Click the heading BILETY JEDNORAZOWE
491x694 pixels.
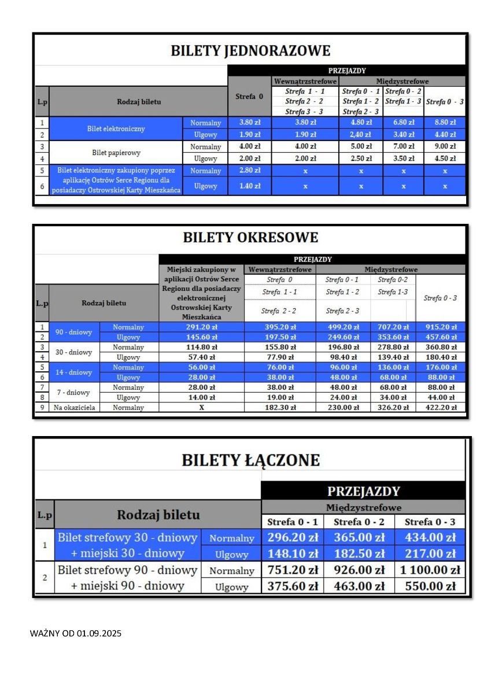(250, 51)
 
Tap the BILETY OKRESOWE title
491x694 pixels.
(250, 238)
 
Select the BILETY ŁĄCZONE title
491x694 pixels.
(250, 460)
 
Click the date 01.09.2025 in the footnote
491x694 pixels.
(99, 633)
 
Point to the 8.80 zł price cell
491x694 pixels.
(445, 123)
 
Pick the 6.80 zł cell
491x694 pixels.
(403, 123)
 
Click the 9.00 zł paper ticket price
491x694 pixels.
(445, 147)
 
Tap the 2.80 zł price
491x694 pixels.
(250, 171)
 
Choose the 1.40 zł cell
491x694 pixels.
(250, 186)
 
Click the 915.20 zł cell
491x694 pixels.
(441, 327)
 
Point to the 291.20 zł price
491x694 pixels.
(201, 327)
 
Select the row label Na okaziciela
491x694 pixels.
(74, 408)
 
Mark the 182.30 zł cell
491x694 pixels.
(280, 408)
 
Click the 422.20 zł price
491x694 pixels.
(441, 408)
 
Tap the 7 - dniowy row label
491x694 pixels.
(74, 393)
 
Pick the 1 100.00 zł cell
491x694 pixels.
(430, 570)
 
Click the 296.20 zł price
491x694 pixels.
(293, 538)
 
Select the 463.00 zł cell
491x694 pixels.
(359, 586)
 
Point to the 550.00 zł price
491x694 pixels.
(430, 586)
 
